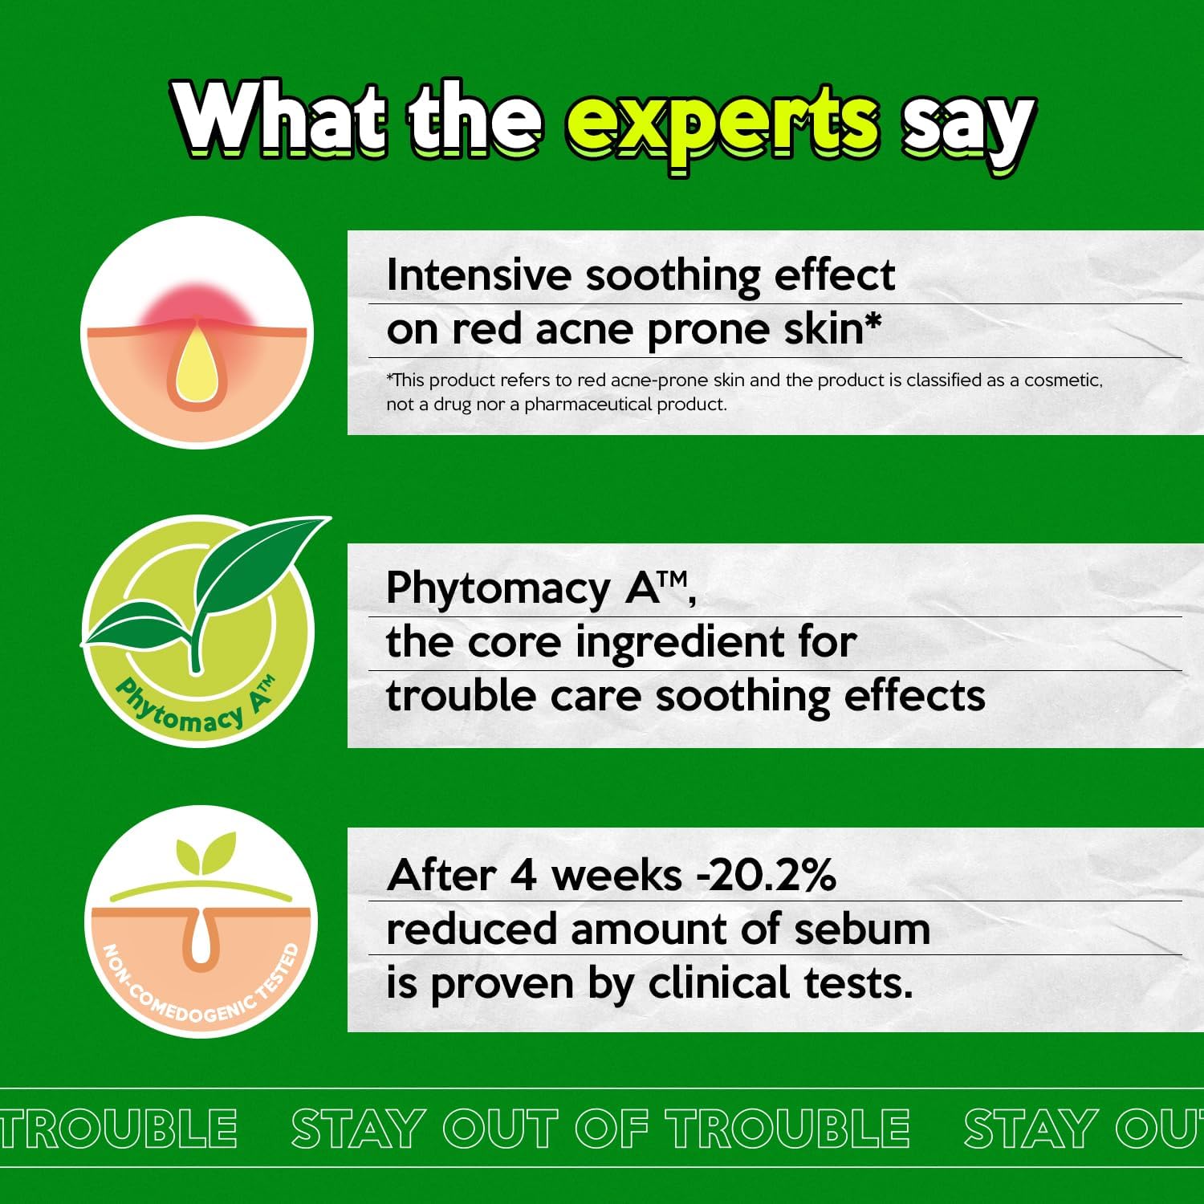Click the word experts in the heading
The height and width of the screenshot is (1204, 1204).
(722, 127)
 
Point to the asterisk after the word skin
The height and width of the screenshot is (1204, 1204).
(872, 323)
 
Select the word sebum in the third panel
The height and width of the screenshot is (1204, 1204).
(861, 929)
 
